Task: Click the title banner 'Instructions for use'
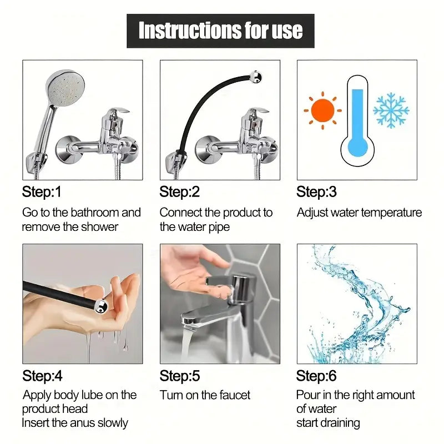pyautogui.click(x=220, y=31)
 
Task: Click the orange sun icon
pyautogui.click(x=322, y=111)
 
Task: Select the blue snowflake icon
pyautogui.click(x=391, y=110)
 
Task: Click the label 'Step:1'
pyautogui.click(x=42, y=192)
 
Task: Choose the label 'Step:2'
pyautogui.click(x=179, y=192)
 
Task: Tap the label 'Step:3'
pyautogui.click(x=316, y=192)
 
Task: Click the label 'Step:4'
pyautogui.click(x=42, y=376)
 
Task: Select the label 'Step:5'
pyautogui.click(x=179, y=376)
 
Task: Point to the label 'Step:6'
pyautogui.click(x=316, y=376)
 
